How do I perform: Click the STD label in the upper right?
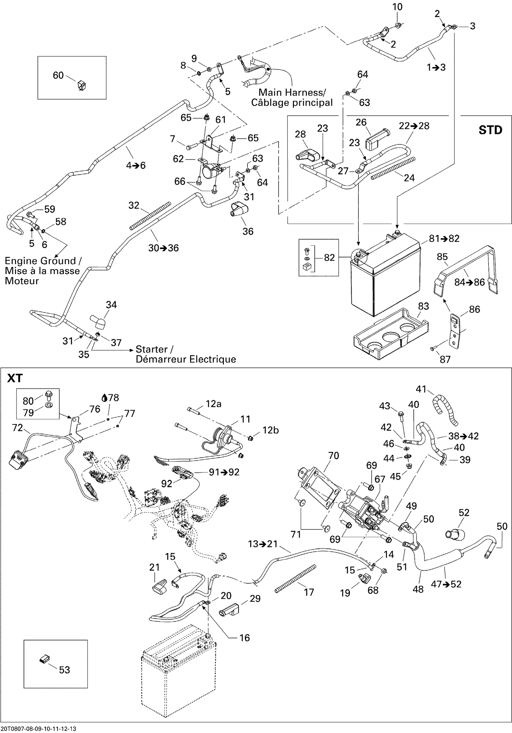[490, 130]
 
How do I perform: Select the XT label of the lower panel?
[15, 378]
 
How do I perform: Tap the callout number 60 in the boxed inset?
[58, 75]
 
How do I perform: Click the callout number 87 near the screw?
[445, 359]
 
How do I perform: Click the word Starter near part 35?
[152, 349]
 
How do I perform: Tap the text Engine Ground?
[40, 261]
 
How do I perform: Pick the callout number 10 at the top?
[397, 7]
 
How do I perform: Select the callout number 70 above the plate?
[333, 456]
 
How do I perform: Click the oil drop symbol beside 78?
[105, 398]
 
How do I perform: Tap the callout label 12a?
[213, 404]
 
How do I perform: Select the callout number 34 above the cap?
[111, 304]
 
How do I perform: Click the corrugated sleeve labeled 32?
[150, 215]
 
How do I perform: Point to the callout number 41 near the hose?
[421, 389]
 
